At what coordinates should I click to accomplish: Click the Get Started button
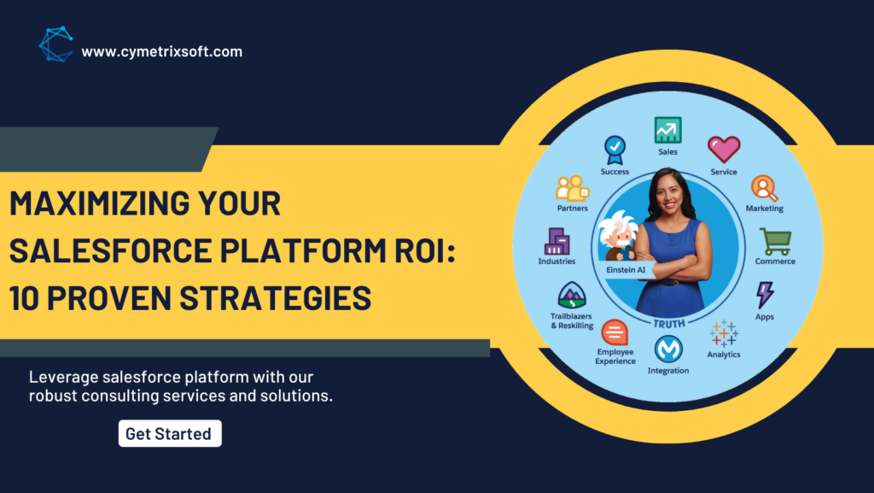(170, 433)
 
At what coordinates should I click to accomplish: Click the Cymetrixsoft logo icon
(55, 44)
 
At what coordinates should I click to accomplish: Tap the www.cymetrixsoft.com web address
(161, 52)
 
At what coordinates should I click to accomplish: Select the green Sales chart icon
(667, 130)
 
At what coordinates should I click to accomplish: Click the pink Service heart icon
(724, 150)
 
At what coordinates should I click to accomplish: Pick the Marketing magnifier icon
(764, 188)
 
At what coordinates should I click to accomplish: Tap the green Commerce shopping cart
(775, 242)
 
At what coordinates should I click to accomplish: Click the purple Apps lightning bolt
(765, 295)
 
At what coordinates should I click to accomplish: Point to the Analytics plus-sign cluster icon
(724, 333)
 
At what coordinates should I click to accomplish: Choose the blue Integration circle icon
(668, 349)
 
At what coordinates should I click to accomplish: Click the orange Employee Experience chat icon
(615, 332)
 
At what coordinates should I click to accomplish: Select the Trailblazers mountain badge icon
(572, 295)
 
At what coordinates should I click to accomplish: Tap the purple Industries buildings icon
(556, 241)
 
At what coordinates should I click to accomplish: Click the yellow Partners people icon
(573, 189)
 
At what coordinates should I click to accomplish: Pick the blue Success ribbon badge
(615, 150)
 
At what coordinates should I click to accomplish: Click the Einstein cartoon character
(619, 235)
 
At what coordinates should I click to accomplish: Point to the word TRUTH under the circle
(669, 324)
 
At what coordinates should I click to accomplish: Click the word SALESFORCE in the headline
(110, 249)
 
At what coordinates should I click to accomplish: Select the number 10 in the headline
(23, 297)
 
